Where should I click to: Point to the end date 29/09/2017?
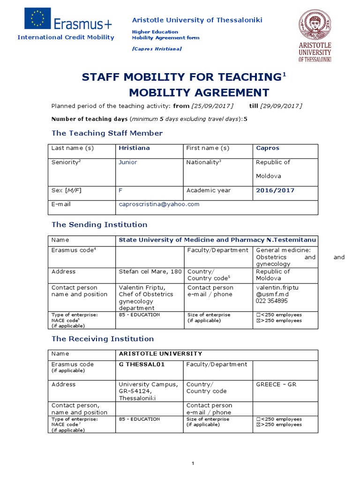[281, 105]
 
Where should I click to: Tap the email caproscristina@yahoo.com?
[159, 204]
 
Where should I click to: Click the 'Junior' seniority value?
[128, 162]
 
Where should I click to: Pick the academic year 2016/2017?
[275, 190]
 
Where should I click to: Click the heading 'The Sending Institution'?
[99, 225]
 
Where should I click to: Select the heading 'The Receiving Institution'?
[103, 338]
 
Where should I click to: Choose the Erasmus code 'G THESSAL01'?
[142, 364]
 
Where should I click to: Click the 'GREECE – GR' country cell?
[276, 384]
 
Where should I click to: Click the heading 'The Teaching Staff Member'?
[107, 133]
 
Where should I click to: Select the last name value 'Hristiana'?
[134, 148]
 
